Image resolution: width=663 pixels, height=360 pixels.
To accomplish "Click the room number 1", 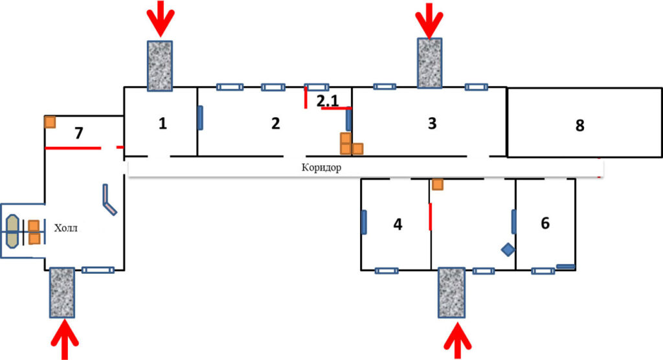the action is tap(163, 124).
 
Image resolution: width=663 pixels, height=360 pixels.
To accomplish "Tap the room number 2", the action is tap(276, 124).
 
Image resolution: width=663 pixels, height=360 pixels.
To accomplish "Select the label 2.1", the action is tap(328, 100).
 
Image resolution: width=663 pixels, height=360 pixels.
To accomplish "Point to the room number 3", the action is tap(432, 123).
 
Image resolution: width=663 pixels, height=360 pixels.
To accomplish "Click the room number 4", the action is tap(398, 224).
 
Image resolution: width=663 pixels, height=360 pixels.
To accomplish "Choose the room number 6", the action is tap(545, 223).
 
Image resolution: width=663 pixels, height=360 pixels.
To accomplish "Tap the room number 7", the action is tap(79, 133).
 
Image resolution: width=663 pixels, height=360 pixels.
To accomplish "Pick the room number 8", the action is tap(579, 125).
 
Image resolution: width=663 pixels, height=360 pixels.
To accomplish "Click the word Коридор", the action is tap(321, 168).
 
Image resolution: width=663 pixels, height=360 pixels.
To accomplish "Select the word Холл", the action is tap(66, 229).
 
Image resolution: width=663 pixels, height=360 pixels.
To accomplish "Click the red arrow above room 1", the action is tap(161, 19).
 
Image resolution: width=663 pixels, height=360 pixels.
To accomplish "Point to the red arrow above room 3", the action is tap(429, 20).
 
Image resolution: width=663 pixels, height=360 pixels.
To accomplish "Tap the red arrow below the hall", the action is tap(65, 340).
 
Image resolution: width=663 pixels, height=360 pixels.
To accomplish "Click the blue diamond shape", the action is tap(508, 249).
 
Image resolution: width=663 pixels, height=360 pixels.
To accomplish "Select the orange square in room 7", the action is tap(50, 122).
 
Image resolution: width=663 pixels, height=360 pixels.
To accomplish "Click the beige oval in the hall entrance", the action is tap(12, 231).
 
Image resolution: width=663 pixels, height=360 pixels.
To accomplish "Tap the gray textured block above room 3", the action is tap(430, 63).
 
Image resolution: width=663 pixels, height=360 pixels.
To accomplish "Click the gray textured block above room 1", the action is tap(160, 65).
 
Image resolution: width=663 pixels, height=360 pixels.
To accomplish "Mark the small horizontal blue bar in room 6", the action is tap(565, 267).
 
